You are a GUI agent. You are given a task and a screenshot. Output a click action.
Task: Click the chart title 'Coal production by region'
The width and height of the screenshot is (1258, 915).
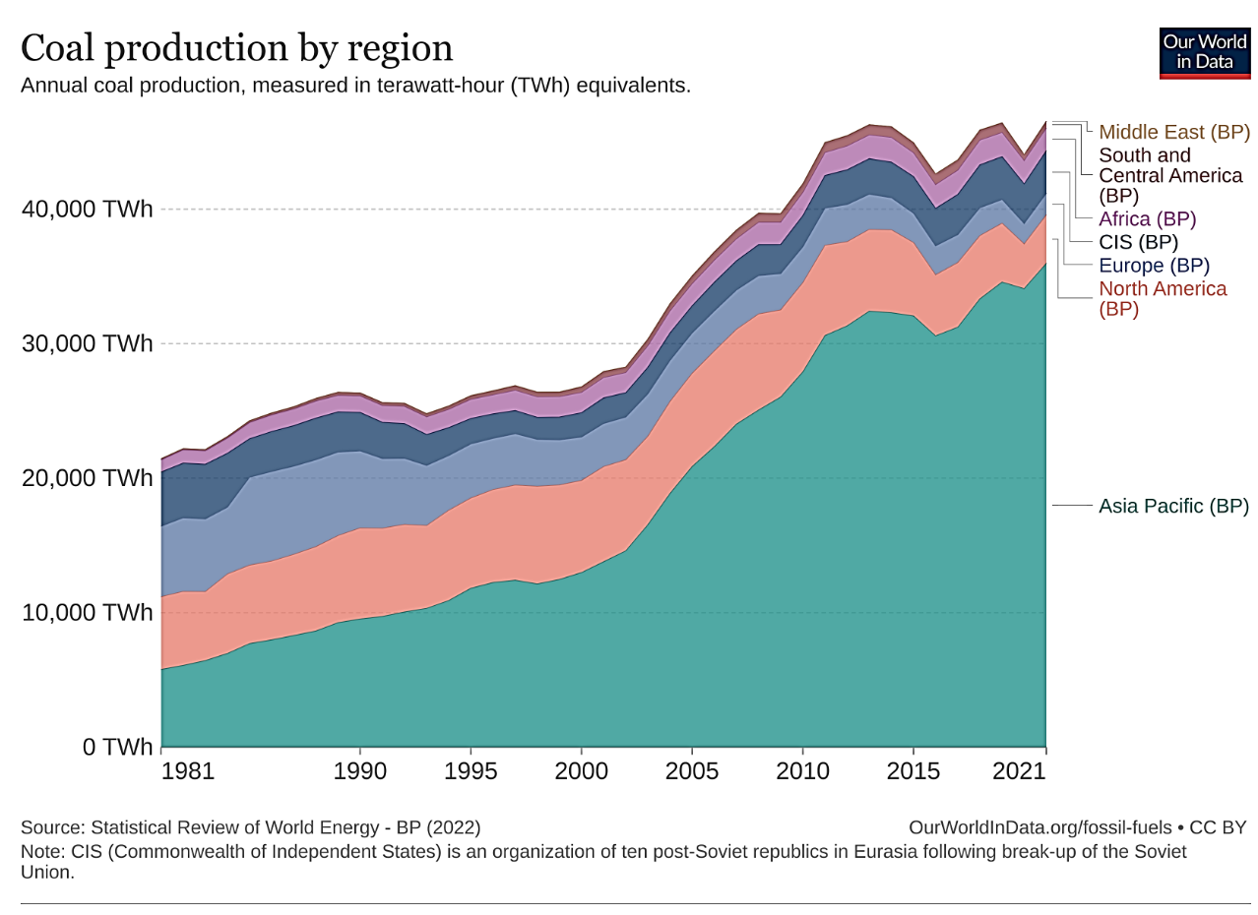point(236,48)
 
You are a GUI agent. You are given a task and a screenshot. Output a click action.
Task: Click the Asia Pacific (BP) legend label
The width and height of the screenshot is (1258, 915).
point(1172,507)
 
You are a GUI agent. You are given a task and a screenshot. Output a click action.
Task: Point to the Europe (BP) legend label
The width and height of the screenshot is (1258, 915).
point(1154,266)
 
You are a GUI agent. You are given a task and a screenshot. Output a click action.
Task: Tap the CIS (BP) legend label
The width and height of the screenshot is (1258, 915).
point(1138,242)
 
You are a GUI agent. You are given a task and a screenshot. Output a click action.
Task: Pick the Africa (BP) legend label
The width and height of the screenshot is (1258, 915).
point(1147,219)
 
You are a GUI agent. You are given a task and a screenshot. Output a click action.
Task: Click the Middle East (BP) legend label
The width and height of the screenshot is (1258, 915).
point(1173,132)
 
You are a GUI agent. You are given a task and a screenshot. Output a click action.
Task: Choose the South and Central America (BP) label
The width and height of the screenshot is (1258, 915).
point(1169,175)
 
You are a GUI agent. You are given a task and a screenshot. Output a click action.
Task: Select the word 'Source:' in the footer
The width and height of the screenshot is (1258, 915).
point(49,827)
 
